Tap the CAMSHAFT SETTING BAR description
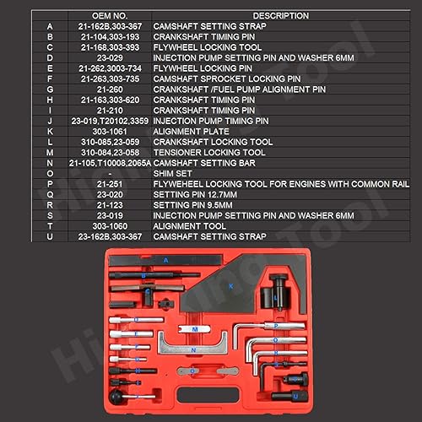[199, 163]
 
